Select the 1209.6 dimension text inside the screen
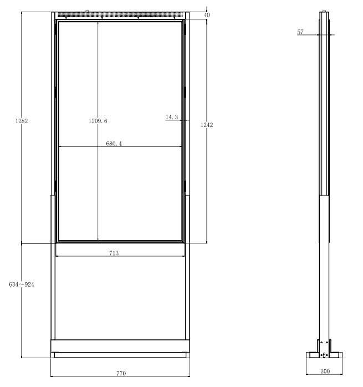click(98, 120)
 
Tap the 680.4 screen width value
click(114, 144)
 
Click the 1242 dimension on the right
click(207, 125)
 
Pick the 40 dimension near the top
click(207, 15)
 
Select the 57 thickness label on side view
click(300, 32)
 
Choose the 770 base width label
click(120, 373)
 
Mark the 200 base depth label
click(325, 371)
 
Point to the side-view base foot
click(325, 355)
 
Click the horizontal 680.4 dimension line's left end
click(59, 147)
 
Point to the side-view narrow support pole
click(325, 277)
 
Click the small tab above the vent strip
click(87, 10)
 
